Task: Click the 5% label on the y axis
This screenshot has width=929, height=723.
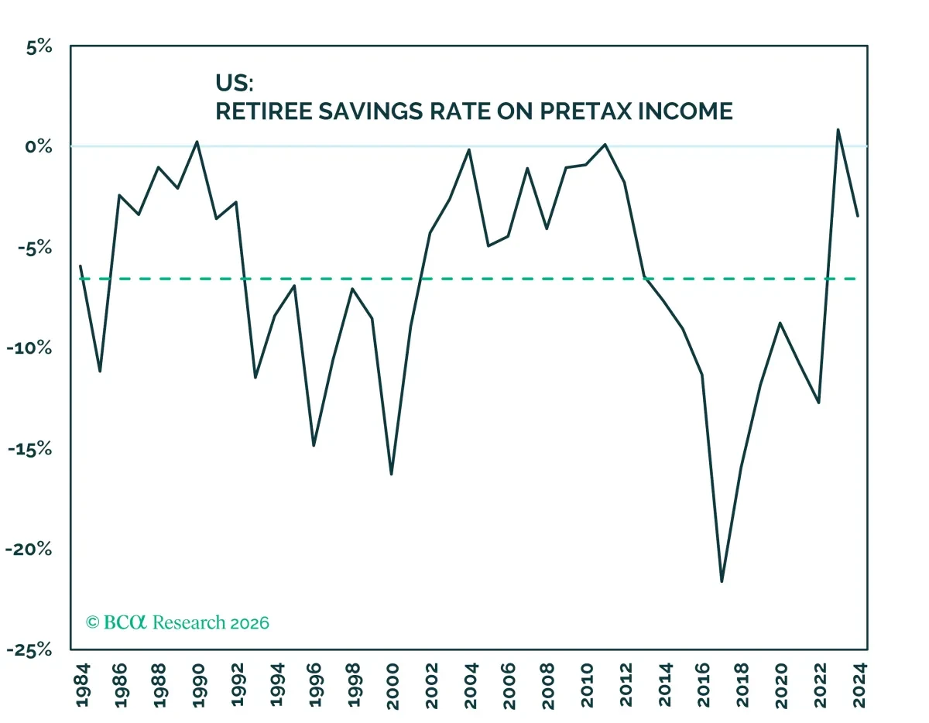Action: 39,47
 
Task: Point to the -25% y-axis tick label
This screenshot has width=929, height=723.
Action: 29,650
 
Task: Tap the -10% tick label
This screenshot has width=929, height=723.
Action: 29,348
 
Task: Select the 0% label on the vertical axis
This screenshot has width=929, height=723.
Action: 39,147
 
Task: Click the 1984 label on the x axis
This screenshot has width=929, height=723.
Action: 83,685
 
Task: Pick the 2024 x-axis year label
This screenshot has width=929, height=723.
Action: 859,685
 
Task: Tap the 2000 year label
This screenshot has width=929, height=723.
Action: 393,687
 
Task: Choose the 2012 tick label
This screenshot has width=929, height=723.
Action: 626,685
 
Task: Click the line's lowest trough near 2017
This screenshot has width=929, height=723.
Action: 722,581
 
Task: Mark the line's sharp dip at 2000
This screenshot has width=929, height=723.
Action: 391,474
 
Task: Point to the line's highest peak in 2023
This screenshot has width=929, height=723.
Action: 838,129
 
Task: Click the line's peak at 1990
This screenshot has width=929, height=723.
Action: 197,142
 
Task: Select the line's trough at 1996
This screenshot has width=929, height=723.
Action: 314,445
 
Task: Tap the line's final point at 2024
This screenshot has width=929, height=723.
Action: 858,216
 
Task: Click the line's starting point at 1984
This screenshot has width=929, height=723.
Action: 81,266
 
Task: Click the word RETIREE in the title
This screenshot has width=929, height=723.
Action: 264,111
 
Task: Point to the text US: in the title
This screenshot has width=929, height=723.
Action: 235,83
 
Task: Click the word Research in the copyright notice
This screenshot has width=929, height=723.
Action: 189,622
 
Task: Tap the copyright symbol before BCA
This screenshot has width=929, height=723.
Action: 92,622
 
